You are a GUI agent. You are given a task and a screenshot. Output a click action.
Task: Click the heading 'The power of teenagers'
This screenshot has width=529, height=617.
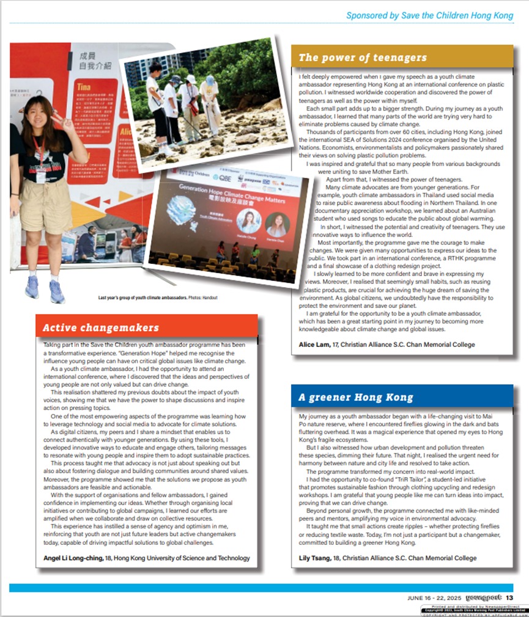(x=363, y=58)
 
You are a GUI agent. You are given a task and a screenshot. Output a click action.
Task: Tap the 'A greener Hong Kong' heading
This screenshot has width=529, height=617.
(x=356, y=398)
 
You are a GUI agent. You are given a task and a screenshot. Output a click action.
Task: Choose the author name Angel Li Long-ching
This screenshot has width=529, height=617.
(x=75, y=558)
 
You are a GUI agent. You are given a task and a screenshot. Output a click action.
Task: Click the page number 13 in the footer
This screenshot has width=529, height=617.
(x=509, y=597)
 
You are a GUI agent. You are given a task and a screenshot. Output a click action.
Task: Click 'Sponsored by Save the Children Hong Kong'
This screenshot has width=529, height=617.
(x=429, y=16)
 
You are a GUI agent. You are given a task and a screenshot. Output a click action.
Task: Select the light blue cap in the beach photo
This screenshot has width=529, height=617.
(x=210, y=80)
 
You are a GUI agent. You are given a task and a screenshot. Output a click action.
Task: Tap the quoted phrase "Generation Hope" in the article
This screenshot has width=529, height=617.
(x=136, y=353)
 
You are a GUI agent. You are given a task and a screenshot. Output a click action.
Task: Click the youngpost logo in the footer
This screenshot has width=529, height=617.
(x=483, y=597)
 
